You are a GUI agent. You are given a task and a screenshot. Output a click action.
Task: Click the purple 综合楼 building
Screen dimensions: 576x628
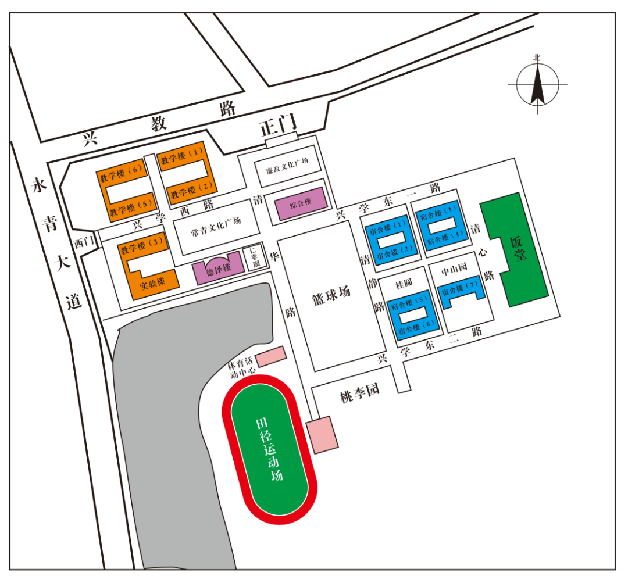tap(301, 203)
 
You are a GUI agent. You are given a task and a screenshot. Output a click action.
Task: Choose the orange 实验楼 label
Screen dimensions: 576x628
tap(153, 282)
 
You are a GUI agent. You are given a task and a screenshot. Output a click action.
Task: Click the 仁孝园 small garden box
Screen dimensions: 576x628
tap(254, 256)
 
